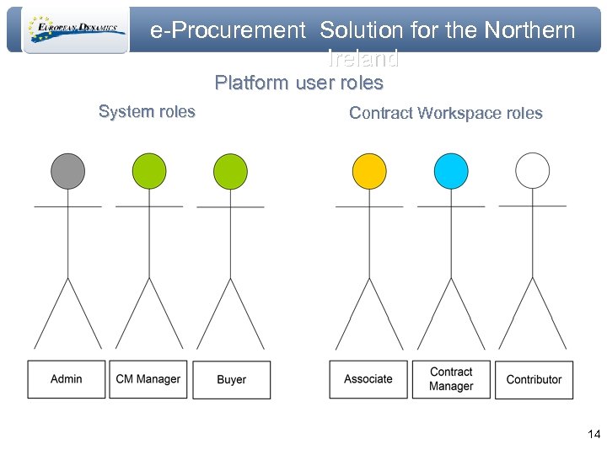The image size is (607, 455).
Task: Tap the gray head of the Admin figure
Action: click(67, 171)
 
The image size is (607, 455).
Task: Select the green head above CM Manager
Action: click(149, 171)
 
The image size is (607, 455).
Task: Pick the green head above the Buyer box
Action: click(230, 171)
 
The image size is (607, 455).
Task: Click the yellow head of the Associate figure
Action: click(368, 171)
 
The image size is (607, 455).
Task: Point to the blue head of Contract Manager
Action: click(451, 171)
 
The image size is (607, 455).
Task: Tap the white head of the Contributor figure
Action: click(532, 170)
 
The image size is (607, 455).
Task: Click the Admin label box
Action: click(67, 379)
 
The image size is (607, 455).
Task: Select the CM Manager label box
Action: click(148, 379)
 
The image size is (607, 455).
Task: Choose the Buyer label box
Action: click(231, 380)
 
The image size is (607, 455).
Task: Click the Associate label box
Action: click(368, 379)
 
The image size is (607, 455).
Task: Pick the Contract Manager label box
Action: click(451, 379)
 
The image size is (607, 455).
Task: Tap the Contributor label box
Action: click(534, 379)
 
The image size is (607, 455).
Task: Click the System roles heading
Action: click(147, 111)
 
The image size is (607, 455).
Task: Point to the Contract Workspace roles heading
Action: click(445, 113)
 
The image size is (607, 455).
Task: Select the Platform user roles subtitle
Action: click(298, 83)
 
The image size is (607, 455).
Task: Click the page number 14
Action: click(594, 435)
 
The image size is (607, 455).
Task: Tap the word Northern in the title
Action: click(529, 31)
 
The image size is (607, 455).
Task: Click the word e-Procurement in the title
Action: click(228, 31)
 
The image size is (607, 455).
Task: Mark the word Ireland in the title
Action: click(363, 59)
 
